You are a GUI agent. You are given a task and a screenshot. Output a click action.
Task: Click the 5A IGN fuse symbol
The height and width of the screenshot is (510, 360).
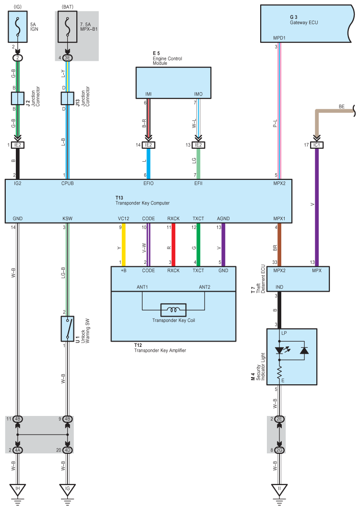18,26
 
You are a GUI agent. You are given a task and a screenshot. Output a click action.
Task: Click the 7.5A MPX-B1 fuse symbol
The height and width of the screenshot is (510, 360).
67,26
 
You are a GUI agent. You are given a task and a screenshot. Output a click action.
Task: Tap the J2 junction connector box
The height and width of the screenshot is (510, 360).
18,98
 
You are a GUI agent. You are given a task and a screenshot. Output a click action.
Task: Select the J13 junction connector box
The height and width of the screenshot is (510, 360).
67,98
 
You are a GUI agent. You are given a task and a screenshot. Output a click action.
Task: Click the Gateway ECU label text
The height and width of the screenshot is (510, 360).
304,23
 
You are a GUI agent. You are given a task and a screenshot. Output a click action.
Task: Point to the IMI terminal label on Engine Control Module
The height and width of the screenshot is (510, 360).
148,94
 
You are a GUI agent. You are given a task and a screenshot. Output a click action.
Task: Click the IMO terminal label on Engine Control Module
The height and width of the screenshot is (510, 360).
198,94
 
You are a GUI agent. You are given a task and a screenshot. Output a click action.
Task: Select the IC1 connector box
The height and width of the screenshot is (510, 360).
317,145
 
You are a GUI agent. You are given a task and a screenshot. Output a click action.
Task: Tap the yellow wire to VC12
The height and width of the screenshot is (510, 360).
123,245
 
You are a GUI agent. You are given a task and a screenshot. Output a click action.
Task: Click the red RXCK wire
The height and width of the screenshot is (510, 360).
173,245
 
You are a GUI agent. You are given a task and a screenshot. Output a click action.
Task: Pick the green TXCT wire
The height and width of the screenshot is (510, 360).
198,245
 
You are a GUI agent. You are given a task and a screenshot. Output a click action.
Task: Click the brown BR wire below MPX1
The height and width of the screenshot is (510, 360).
279,245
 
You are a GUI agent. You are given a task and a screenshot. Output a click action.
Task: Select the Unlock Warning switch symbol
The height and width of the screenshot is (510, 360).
67,329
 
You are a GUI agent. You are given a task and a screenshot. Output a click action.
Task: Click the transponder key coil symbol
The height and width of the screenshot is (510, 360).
173,310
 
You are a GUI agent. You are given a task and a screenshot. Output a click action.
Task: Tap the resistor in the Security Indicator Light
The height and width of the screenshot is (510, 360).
279,373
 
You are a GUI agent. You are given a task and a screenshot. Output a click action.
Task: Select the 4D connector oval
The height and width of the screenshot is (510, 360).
67,450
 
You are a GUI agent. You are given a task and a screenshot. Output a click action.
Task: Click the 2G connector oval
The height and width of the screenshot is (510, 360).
279,450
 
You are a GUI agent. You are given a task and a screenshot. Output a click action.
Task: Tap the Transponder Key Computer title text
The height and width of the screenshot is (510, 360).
143,203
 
